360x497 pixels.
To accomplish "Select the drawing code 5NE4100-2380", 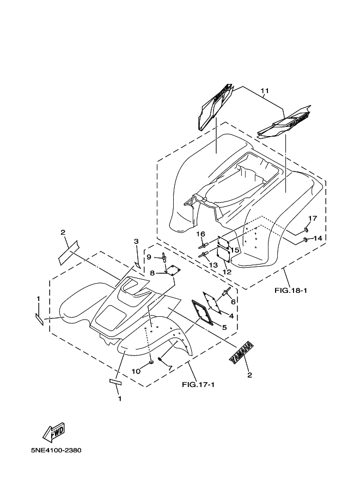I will [57, 451].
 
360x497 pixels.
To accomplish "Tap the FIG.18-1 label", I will [291, 290].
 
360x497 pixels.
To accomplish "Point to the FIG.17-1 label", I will [198, 385].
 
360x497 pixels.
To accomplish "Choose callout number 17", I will [313, 218].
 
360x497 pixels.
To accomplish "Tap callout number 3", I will [137, 241].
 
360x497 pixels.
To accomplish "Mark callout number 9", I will [149, 257].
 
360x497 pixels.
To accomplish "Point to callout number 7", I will [169, 369].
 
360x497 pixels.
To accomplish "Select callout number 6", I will [233, 302].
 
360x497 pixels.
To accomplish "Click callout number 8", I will [152, 273].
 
